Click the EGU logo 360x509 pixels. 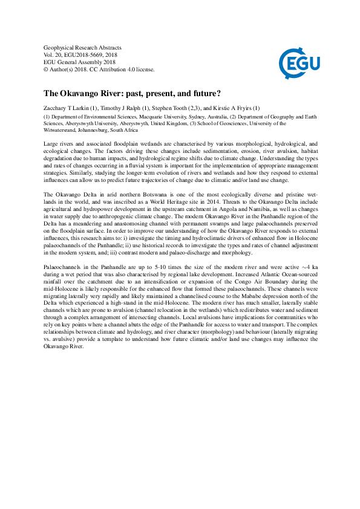point(299,60)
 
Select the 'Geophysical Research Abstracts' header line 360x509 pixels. point(83,47)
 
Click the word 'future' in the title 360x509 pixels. point(203,94)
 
